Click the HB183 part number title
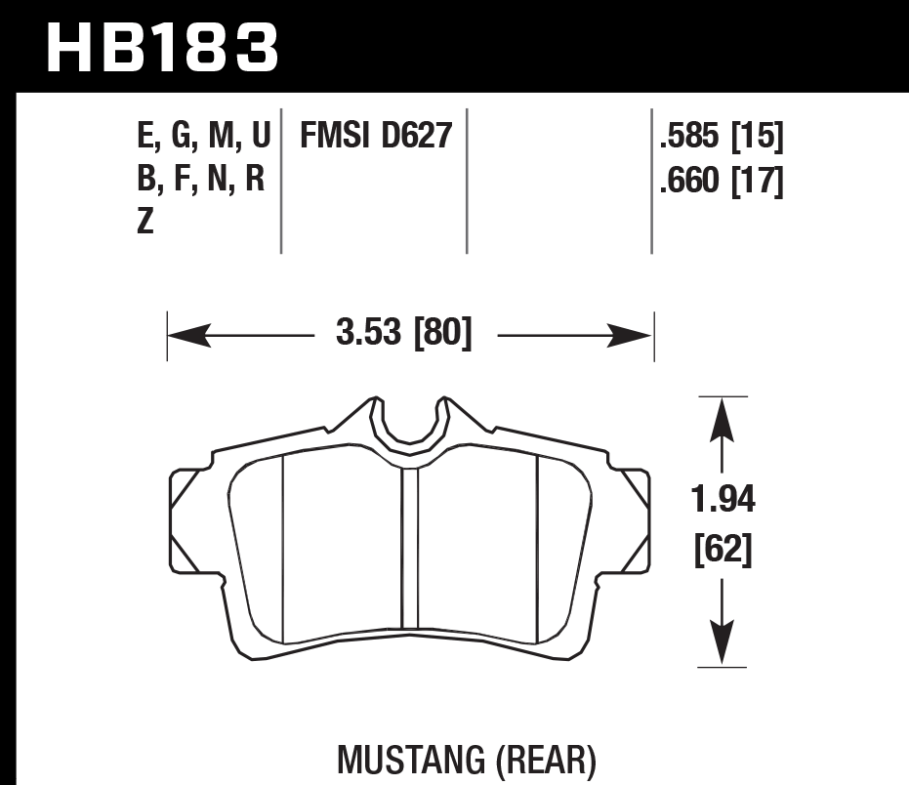(162, 48)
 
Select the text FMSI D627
(376, 136)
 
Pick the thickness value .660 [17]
(721, 181)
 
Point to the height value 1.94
(723, 503)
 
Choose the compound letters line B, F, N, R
(201, 181)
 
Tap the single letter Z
(145, 224)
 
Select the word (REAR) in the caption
(548, 761)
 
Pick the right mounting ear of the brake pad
(634, 507)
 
